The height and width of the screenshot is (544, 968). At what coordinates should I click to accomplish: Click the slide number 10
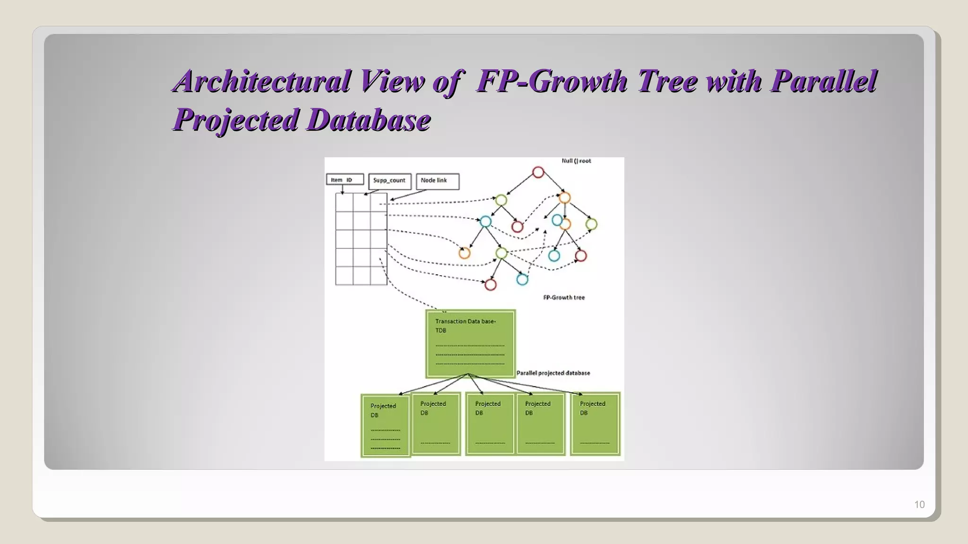click(919, 504)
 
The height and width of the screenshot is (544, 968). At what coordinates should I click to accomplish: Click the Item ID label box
click(345, 180)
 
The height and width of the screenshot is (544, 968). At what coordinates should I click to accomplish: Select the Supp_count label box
click(389, 181)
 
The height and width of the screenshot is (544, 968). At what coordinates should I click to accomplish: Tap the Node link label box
click(437, 181)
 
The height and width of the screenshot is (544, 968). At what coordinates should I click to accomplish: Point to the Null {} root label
click(576, 161)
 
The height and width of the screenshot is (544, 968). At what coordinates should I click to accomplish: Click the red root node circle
click(538, 172)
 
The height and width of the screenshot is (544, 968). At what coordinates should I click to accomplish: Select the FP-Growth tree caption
click(564, 297)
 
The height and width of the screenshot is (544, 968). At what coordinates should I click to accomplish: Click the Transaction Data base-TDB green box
click(470, 343)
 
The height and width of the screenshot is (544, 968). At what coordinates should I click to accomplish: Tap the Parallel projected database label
click(553, 373)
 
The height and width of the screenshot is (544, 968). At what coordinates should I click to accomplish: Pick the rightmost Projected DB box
click(595, 424)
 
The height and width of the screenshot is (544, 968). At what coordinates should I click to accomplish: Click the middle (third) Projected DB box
click(490, 424)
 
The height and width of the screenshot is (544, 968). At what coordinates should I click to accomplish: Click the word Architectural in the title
click(262, 81)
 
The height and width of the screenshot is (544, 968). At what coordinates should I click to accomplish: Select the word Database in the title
click(369, 119)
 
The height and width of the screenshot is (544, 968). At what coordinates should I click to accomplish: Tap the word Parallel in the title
click(823, 81)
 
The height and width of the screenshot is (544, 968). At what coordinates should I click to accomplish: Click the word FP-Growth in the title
click(552, 81)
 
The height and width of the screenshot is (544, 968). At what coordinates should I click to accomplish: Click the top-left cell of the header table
click(344, 203)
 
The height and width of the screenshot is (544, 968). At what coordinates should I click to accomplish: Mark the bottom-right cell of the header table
click(379, 276)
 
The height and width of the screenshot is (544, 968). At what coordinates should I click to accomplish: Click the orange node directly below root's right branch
click(564, 198)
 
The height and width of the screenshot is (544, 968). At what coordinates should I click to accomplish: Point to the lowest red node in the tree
click(491, 284)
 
